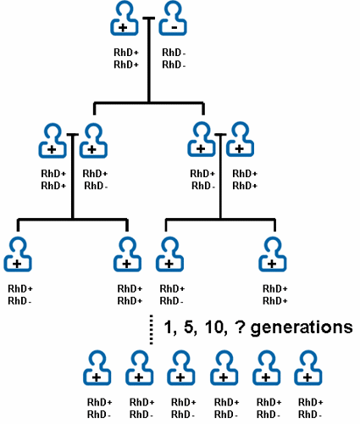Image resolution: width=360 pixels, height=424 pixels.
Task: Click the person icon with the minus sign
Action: (174, 19)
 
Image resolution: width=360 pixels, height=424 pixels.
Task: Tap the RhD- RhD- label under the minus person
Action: (174, 59)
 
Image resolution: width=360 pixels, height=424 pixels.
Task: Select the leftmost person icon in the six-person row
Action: (97, 367)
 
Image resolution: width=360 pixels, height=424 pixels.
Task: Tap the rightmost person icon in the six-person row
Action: (307, 367)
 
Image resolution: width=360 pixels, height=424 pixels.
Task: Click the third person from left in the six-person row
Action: (180, 367)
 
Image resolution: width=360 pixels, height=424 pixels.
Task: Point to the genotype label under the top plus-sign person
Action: (125, 59)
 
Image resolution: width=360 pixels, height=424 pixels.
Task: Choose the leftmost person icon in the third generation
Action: (19, 254)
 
